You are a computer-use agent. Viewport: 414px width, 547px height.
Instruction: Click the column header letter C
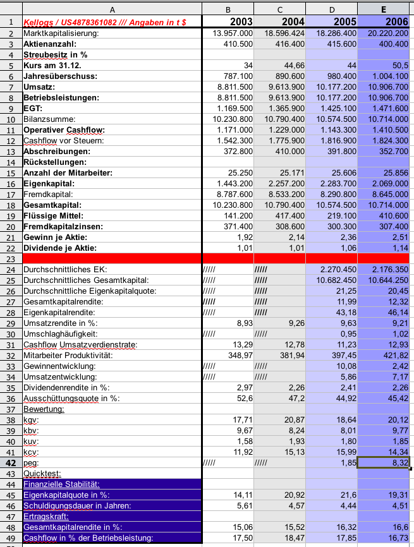coord(279,9)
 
